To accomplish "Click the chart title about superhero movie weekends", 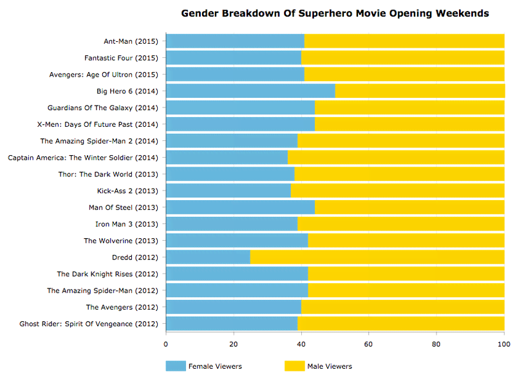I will pyautogui.click(x=335, y=13).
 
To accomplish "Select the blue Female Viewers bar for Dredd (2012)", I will pyautogui.click(x=208, y=257).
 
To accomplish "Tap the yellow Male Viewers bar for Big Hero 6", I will pyautogui.click(x=420, y=91).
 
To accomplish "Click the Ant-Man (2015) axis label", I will pyautogui.click(x=131, y=42).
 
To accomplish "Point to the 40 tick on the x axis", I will pyautogui.click(x=301, y=343).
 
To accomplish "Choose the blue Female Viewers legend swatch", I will pyautogui.click(x=175, y=366).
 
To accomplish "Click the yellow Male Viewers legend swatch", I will pyautogui.click(x=294, y=366).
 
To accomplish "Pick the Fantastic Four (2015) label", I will pyautogui.click(x=121, y=58).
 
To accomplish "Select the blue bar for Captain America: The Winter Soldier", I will pyautogui.click(x=227, y=157).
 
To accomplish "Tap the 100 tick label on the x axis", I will pyautogui.click(x=504, y=343).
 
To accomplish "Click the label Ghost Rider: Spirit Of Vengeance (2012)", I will pyautogui.click(x=89, y=324).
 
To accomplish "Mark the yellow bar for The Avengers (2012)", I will pyautogui.click(x=403, y=307).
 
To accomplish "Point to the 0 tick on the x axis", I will pyautogui.click(x=166, y=343).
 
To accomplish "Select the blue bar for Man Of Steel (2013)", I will pyautogui.click(x=240, y=207).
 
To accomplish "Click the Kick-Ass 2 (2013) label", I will pyautogui.click(x=127, y=190).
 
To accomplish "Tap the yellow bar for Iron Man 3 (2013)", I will pyautogui.click(x=401, y=224).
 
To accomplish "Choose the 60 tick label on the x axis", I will pyautogui.click(x=369, y=343).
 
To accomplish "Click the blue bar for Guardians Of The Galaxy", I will pyautogui.click(x=240, y=107).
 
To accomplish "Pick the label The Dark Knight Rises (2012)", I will pyautogui.click(x=108, y=274).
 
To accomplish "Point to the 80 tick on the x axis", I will pyautogui.click(x=436, y=343).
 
